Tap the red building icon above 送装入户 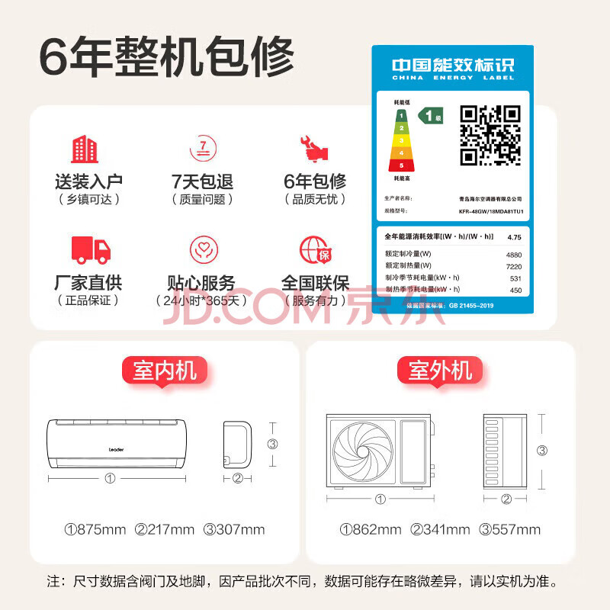click(x=85, y=149)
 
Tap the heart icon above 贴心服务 click(x=201, y=250)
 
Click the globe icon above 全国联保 click(x=313, y=249)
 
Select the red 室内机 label click(x=165, y=371)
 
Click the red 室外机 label click(x=440, y=371)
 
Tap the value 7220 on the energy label click(x=513, y=266)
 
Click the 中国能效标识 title click(x=453, y=66)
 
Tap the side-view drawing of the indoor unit click(x=236, y=444)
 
